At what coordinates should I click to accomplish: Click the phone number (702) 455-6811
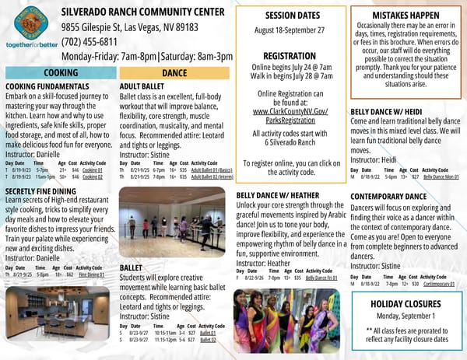90,42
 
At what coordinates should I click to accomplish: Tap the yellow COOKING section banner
60,72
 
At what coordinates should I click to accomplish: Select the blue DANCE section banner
174,72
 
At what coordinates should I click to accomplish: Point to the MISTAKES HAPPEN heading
406,15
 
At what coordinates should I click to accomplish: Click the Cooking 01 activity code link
93,169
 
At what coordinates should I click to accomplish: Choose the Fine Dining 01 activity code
91,274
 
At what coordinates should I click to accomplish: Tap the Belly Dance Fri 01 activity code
321,278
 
